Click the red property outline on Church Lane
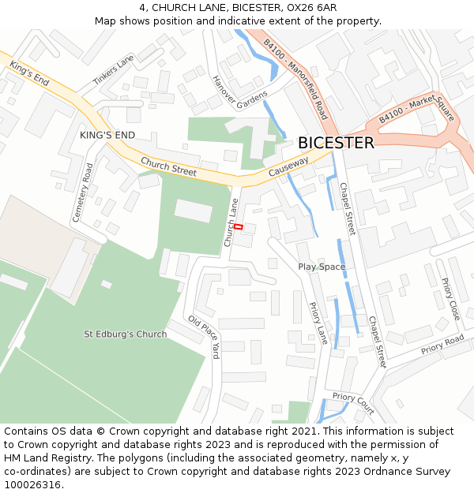[x=238, y=227]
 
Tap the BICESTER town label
[x=336, y=144]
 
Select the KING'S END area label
[x=107, y=136]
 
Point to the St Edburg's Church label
[x=126, y=334]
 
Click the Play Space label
[x=322, y=267]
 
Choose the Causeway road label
[x=288, y=167]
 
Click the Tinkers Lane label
[x=114, y=71]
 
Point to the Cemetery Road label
[x=82, y=192]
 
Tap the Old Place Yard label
[x=203, y=337]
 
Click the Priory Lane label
[x=318, y=323]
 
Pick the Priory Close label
[x=450, y=299]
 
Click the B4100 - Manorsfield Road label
[x=295, y=78]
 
